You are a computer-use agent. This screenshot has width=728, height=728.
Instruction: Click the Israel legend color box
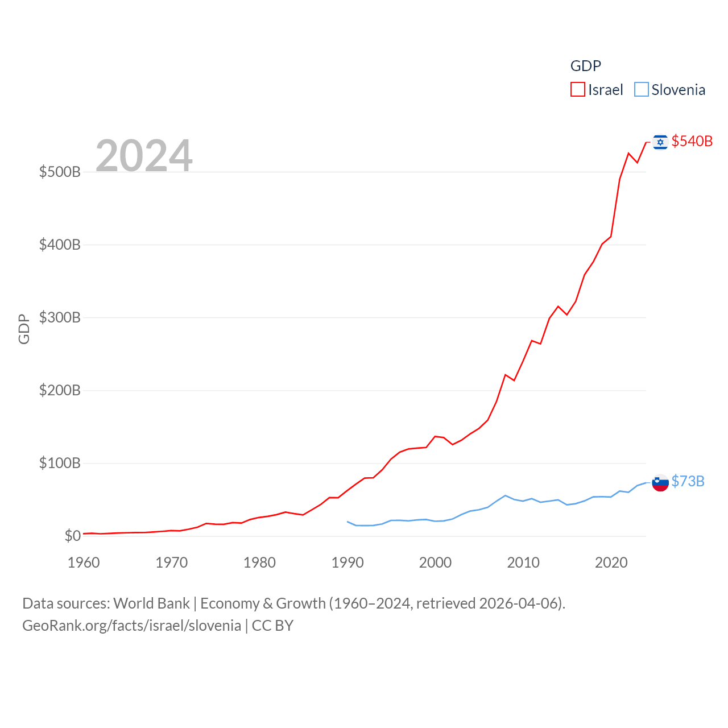pyautogui.click(x=578, y=89)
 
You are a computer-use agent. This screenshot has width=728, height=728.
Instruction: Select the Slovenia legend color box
pyautogui.click(x=642, y=89)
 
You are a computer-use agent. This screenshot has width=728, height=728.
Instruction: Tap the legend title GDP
pyautogui.click(x=586, y=66)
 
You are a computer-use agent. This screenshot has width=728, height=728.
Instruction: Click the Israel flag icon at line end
pyautogui.click(x=660, y=141)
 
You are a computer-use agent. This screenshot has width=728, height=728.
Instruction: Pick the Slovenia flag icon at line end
pyautogui.click(x=660, y=482)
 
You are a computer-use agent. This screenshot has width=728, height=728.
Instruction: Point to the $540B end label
pyautogui.click(x=692, y=141)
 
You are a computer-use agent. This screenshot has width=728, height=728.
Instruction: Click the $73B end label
pyautogui.click(x=688, y=481)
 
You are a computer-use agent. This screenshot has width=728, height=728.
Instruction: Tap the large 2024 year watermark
pyautogui.click(x=144, y=156)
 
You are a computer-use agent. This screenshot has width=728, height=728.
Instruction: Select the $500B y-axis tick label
pyautogui.click(x=60, y=172)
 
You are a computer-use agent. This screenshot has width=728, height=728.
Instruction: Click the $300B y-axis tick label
pyautogui.click(x=60, y=317)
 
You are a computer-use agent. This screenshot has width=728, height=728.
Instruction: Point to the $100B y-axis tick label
pyautogui.click(x=60, y=463)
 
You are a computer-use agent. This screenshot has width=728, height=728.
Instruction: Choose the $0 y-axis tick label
pyautogui.click(x=73, y=536)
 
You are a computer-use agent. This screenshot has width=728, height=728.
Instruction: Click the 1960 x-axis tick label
pyautogui.click(x=84, y=562)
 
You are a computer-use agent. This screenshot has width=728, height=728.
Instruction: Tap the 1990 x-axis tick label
pyautogui.click(x=348, y=562)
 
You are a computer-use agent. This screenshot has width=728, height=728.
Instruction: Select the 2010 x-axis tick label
pyautogui.click(x=523, y=562)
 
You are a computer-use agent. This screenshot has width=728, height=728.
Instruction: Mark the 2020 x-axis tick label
pyautogui.click(x=611, y=562)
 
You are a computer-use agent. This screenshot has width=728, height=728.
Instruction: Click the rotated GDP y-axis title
pyautogui.click(x=24, y=329)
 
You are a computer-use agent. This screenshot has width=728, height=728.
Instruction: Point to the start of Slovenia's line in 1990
pyautogui.click(x=348, y=522)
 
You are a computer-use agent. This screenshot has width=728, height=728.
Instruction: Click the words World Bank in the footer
pyautogui.click(x=151, y=603)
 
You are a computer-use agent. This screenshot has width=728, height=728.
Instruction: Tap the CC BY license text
pyautogui.click(x=272, y=626)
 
